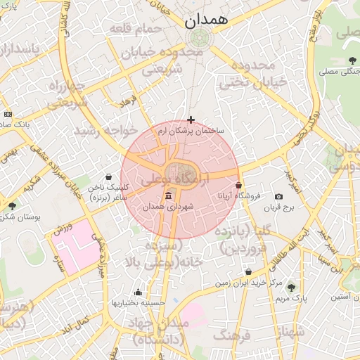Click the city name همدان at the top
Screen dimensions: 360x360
(207, 22)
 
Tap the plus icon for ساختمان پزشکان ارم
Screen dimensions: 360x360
(191, 120)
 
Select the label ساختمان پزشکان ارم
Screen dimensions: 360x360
(191, 131)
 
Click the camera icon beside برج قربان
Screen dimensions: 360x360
(278, 196)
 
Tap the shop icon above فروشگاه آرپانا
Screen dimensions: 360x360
(239, 186)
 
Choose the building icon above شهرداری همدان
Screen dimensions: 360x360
(167, 196)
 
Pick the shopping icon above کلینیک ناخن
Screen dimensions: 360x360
(108, 177)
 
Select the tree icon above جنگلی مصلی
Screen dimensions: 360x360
(352, 60)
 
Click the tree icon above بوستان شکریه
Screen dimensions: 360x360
(12, 205)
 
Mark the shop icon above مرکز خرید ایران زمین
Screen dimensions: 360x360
(248, 271)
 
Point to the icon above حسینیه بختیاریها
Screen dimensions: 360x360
(138, 292)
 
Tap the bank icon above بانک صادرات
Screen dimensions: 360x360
(8, 114)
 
